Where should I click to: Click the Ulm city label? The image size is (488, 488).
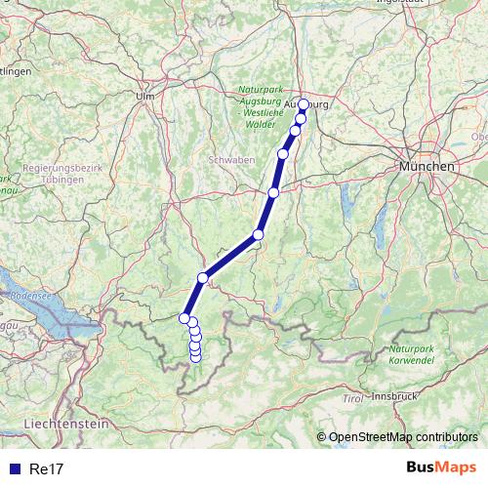(146, 96)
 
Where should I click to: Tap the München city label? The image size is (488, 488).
(427, 167)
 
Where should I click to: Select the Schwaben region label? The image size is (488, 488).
(231, 158)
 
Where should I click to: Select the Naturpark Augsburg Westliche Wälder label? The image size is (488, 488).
(260, 106)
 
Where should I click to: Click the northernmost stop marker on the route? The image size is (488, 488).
(303, 104)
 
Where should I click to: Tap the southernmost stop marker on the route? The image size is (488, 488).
(195, 356)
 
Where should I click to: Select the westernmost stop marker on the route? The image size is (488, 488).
(183, 317)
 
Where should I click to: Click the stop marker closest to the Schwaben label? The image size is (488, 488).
(283, 153)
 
